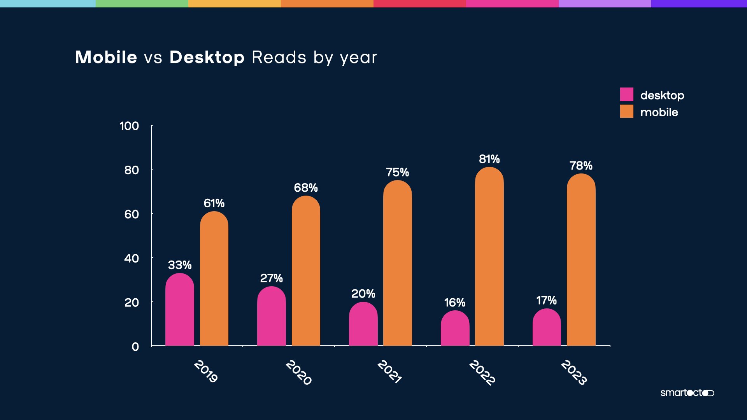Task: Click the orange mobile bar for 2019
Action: [214, 278]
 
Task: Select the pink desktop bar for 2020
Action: [271, 316]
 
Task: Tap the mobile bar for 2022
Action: [489, 257]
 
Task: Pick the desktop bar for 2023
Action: [547, 327]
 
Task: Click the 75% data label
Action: [397, 172]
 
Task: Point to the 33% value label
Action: [180, 265]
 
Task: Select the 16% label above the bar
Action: [455, 303]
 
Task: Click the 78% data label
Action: [581, 166]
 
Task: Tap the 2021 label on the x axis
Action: [389, 372]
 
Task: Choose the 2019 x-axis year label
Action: [206, 371]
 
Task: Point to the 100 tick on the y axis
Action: [129, 126]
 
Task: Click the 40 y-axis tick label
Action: [132, 258]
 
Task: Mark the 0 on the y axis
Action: [135, 346]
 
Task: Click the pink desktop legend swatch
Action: [626, 94]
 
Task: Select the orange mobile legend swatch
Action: [626, 112]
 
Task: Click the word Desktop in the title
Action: [207, 58]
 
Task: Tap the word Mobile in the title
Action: [106, 58]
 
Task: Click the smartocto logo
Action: [687, 393]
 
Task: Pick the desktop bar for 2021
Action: [363, 324]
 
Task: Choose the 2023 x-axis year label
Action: [573, 373]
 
